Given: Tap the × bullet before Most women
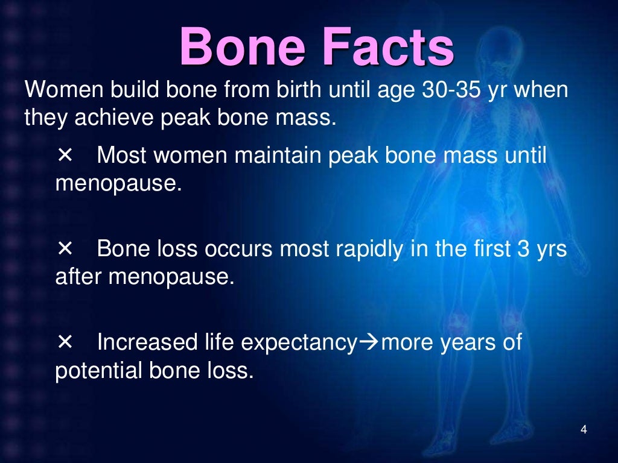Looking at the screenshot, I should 65,155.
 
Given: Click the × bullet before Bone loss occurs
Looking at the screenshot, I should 65,248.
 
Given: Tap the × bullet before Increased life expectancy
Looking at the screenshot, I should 65,342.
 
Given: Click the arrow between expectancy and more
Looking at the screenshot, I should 369,343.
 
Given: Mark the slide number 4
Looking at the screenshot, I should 583,430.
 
